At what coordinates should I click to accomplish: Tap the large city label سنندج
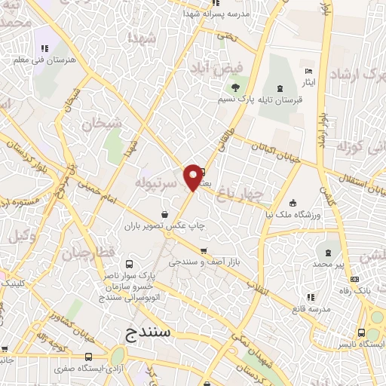pyautogui.click(x=151, y=331)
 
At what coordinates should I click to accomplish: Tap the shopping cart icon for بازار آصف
pyautogui.click(x=204, y=251)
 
